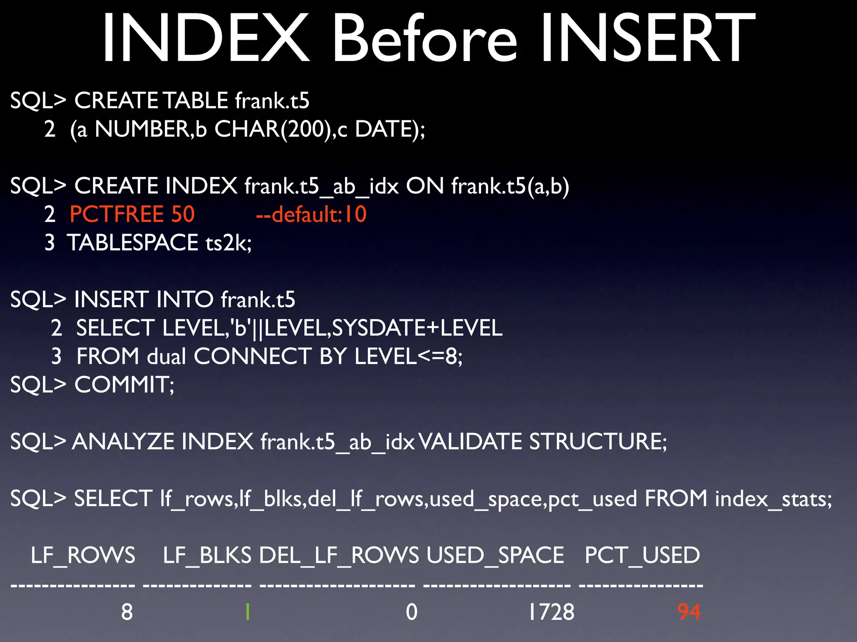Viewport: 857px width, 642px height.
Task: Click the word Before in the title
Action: [x=424, y=38]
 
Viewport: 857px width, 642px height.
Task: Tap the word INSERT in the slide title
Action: [x=647, y=38]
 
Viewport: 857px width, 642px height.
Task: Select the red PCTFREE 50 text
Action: [x=132, y=214]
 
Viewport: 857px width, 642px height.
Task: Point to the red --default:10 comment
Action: [x=311, y=214]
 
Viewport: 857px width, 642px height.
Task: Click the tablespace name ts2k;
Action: [x=228, y=243]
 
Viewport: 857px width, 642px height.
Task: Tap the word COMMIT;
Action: [x=124, y=385]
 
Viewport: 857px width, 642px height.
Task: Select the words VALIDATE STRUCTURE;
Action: [x=542, y=442]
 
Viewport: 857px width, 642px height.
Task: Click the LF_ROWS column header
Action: [x=83, y=555]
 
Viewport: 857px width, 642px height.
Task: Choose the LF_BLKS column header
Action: [x=207, y=555]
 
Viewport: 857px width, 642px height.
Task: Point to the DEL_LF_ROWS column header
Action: [x=339, y=555]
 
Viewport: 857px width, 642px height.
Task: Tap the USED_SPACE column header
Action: [x=495, y=555]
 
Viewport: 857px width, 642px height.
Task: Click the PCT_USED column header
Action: [x=642, y=555]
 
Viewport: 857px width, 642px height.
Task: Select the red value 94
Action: [x=689, y=612]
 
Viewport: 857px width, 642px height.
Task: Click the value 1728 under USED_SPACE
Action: [x=551, y=612]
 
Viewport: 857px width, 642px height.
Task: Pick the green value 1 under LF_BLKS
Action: [x=248, y=612]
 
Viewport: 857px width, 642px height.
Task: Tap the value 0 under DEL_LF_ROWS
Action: [x=412, y=612]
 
